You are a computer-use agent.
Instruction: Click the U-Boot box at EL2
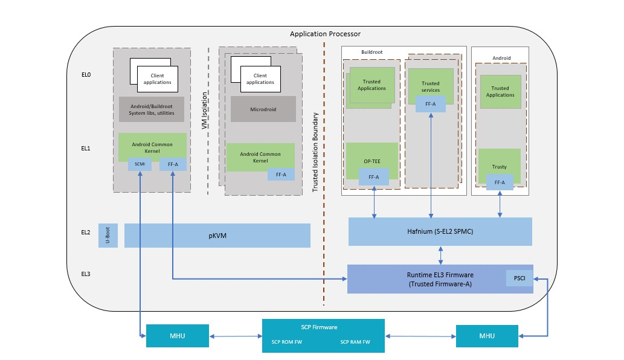tap(108, 236)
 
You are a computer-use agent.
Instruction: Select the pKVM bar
tap(217, 236)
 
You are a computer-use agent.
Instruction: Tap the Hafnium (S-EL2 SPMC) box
tap(440, 232)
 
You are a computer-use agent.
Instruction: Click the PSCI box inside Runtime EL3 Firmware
tap(519, 278)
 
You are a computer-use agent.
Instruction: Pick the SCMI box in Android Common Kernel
tap(140, 164)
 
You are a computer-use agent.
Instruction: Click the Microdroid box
tap(263, 109)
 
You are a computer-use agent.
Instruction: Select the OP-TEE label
tap(372, 162)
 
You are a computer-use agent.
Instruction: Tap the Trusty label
tap(499, 167)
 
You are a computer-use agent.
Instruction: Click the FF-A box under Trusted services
tap(431, 104)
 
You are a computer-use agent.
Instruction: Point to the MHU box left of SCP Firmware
tap(177, 336)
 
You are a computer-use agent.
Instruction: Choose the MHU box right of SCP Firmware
tap(487, 336)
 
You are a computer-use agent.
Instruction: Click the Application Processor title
tap(325, 34)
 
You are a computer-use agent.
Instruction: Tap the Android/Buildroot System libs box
tap(152, 109)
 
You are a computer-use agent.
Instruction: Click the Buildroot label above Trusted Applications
tap(372, 53)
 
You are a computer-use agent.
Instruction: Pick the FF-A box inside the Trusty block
tap(500, 182)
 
